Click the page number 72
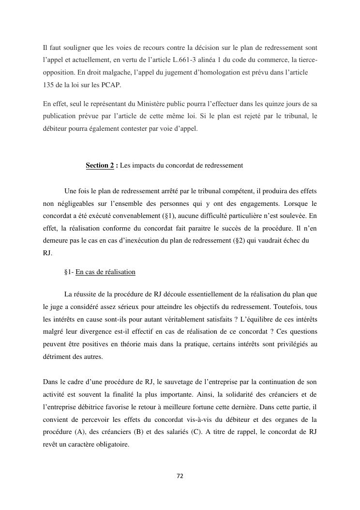(180, 476)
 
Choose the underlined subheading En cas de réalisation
(105, 272)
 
